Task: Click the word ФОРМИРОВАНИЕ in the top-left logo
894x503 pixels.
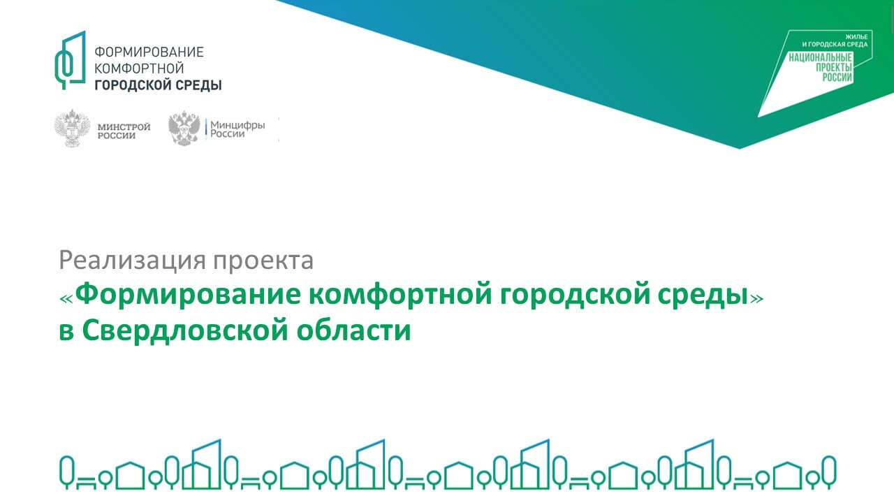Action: [x=149, y=52]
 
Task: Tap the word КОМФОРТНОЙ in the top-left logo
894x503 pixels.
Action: [x=139, y=68]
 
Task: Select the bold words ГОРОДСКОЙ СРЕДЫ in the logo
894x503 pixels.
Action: [x=158, y=85]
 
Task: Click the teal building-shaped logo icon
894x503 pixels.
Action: [x=71, y=60]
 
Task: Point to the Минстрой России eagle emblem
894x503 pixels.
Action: [x=72, y=128]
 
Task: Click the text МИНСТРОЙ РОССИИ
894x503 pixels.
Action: [x=124, y=131]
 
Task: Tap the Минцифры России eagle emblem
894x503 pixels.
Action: [x=184, y=128]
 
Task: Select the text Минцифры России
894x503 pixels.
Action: [x=237, y=129]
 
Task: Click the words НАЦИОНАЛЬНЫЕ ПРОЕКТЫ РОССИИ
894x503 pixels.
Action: [x=821, y=68]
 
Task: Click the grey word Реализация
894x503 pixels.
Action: [x=133, y=261]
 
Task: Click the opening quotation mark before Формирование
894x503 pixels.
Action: [x=66, y=298]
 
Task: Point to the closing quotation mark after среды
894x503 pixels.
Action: [x=756, y=298]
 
